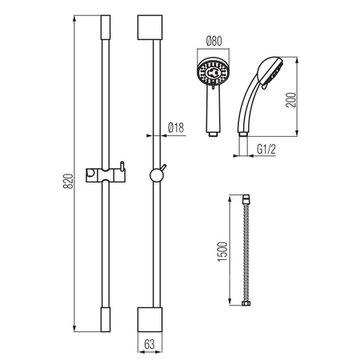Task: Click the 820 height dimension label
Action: [x=68, y=182]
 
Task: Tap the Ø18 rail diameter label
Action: [x=176, y=128]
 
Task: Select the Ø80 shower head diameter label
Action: [x=214, y=41]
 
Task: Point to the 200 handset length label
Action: [x=291, y=100]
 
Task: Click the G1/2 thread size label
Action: [x=266, y=150]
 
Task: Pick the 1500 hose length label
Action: [x=223, y=251]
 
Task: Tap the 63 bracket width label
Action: [x=150, y=344]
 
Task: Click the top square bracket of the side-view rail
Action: [x=150, y=27]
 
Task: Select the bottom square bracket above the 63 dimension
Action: [x=150, y=319]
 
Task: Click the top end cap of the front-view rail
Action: [x=106, y=27]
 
